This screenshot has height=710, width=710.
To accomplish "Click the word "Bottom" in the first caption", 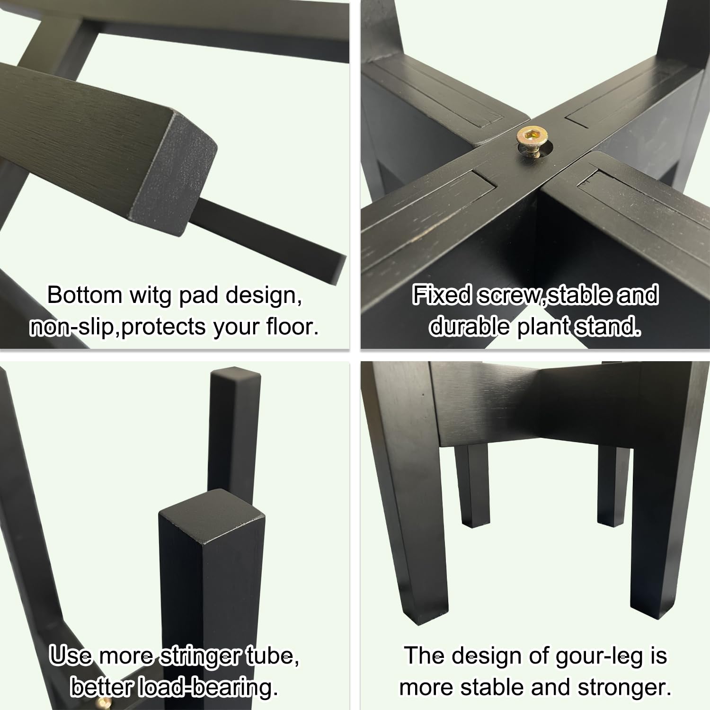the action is click(x=85, y=295).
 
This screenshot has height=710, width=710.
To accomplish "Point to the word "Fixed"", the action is click(x=442, y=295).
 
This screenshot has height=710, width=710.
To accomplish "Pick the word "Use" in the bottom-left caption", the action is click(x=71, y=656).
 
